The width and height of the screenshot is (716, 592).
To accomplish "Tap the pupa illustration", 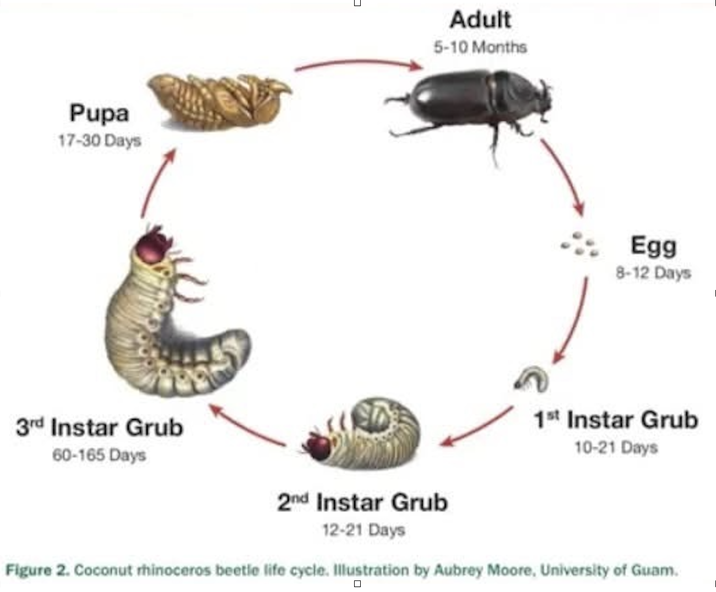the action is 220,102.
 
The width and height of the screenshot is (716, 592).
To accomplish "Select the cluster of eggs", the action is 579,244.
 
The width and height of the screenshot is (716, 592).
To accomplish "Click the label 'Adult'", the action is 480,20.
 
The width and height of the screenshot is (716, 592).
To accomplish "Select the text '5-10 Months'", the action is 480,47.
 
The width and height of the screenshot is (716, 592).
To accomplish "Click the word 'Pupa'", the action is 100,114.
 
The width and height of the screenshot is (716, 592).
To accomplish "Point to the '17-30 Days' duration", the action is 100,141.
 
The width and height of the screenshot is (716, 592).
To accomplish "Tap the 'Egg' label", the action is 653,245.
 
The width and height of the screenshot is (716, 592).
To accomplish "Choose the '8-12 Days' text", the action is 653,273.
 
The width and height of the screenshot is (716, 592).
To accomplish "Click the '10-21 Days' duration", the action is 616,447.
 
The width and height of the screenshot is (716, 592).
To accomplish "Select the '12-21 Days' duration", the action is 363,530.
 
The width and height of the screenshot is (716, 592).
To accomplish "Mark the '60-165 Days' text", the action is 100,455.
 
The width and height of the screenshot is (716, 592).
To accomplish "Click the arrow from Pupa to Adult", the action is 357,64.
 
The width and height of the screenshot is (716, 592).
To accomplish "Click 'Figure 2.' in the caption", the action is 37,570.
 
